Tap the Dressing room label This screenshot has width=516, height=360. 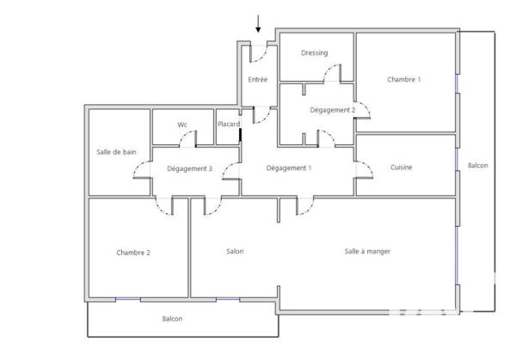coord(315,53)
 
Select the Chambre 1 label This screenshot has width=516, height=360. coord(403,79)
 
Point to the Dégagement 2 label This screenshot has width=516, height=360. coord(332,110)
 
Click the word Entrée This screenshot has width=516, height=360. coord(257,79)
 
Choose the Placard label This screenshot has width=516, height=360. coord(228,125)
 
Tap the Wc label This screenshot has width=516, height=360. coord(182,125)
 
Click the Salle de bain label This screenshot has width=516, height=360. coord(116,152)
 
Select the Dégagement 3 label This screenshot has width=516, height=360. coord(189,168)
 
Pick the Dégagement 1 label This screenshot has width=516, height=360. coord(289,168)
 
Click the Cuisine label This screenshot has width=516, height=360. coord(402,167)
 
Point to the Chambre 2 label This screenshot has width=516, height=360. coord(133,252)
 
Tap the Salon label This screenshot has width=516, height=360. coord(235,251)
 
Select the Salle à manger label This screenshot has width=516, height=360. coord(367,251)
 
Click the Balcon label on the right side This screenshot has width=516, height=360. coord(477,165)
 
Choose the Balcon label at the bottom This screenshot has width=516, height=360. coord(172,319)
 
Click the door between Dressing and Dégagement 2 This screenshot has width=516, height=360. coord(329,76)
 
